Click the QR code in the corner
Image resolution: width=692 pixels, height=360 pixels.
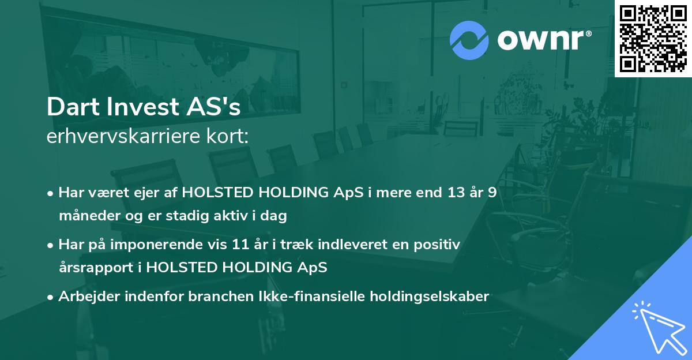(x=653, y=39)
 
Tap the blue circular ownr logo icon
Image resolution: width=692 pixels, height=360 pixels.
(x=469, y=40)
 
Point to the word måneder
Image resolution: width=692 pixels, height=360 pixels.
(x=86, y=216)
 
